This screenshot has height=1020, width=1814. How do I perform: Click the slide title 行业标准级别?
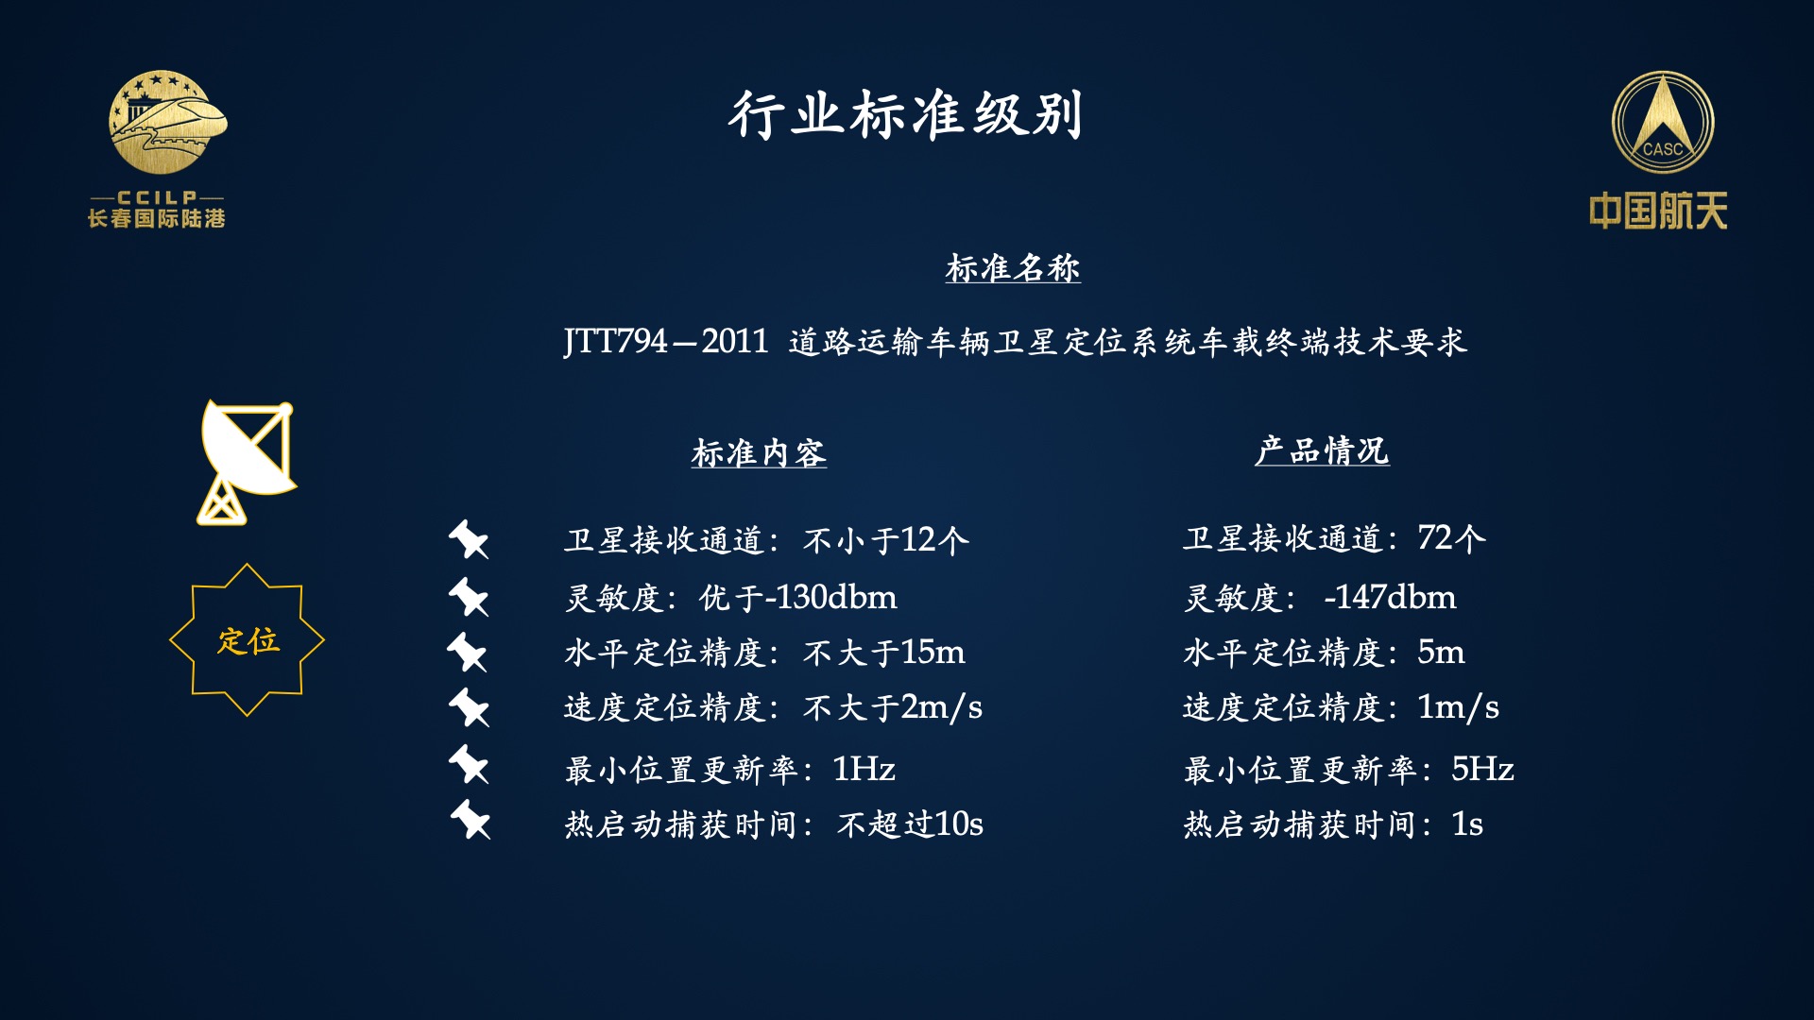click(x=905, y=115)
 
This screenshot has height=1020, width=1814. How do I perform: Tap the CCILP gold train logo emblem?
click(x=167, y=122)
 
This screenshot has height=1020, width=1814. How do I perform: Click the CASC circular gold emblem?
click(x=1663, y=123)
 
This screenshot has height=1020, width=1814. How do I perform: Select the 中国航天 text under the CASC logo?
click(x=1658, y=211)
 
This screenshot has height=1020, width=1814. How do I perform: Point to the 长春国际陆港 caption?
click(x=157, y=218)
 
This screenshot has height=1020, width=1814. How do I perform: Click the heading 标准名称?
click(x=1013, y=268)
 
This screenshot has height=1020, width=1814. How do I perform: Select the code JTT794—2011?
click(x=666, y=341)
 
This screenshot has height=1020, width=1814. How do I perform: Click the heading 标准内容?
click(x=759, y=453)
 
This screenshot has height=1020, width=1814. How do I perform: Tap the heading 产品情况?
click(x=1322, y=450)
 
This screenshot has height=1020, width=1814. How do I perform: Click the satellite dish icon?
click(x=248, y=462)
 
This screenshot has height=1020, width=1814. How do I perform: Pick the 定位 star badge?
click(x=248, y=640)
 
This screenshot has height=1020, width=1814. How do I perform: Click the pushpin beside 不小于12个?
click(x=469, y=539)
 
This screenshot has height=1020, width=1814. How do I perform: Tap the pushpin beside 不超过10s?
click(x=470, y=820)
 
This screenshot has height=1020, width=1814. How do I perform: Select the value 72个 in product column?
click(x=1452, y=538)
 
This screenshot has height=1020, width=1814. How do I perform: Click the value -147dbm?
click(x=1390, y=597)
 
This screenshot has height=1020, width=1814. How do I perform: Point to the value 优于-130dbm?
click(x=798, y=597)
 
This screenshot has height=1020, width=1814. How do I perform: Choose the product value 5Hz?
click(x=1482, y=769)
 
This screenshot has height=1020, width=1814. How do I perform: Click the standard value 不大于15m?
click(x=884, y=652)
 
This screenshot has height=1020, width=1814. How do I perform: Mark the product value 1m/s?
click(x=1458, y=706)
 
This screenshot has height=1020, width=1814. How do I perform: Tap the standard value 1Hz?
click(x=864, y=769)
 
